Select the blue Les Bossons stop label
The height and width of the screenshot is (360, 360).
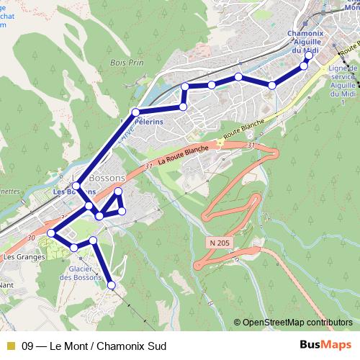pos(73,192)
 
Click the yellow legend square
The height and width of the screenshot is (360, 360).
pos(10,344)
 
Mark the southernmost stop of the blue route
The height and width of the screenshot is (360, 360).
pos(111,286)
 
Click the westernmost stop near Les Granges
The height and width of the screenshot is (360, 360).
pos(51,233)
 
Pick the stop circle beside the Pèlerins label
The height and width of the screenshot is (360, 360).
pos(135,112)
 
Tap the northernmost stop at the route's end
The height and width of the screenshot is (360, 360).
pos(309,55)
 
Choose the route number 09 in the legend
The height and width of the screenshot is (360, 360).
pos(29,344)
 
